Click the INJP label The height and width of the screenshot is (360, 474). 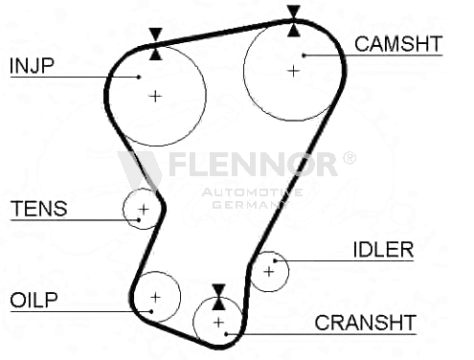click(32, 66)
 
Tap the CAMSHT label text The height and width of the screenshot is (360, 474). click(398, 44)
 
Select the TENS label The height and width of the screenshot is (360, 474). click(39, 209)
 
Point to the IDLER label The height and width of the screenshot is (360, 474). click(383, 249)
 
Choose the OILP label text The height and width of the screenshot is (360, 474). click(34, 300)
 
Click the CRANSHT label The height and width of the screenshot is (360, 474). click(366, 323)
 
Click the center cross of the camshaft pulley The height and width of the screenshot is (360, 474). click(293, 71)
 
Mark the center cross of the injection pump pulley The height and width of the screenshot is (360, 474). click(155, 96)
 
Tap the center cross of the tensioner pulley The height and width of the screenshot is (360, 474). click(144, 209)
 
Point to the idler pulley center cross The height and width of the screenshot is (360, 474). click(269, 272)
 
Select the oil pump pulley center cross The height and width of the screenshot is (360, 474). click(155, 297)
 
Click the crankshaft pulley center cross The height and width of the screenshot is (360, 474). click(218, 323)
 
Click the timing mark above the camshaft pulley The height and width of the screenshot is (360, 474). click(294, 21)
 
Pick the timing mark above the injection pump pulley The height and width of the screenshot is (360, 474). click(156, 44)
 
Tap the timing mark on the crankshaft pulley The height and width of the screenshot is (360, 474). click(218, 297)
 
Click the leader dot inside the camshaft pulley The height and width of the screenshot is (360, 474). click(304, 56)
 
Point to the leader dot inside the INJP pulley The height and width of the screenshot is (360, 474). click(139, 77)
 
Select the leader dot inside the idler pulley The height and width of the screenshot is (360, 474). click(275, 260)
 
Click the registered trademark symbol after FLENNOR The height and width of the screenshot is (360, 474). click(350, 158)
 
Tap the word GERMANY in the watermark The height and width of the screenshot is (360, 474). click(251, 205)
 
